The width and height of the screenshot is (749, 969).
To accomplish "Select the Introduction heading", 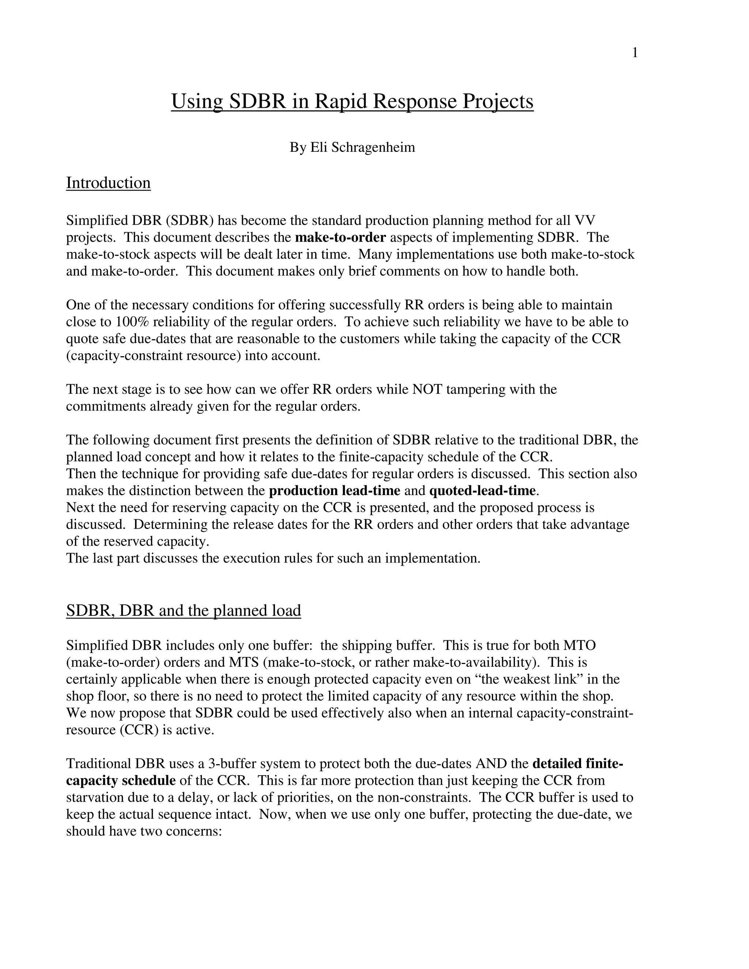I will click(108, 183).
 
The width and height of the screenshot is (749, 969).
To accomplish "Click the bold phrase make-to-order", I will click(340, 237).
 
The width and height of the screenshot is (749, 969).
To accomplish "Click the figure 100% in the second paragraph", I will click(133, 322).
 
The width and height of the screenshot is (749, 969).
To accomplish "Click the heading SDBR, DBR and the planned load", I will click(183, 611).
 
